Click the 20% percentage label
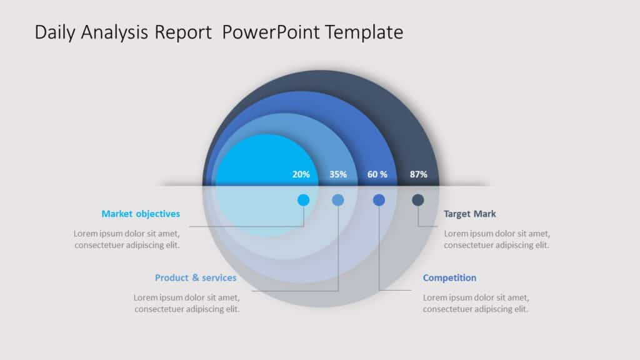[x=301, y=174]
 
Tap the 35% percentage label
[x=338, y=174]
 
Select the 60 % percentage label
[x=377, y=174]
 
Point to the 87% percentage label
[x=419, y=174]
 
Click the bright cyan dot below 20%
[x=303, y=200]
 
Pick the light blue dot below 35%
[x=338, y=200]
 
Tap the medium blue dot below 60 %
[x=379, y=200]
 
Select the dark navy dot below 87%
[x=418, y=200]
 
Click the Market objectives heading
[x=141, y=214]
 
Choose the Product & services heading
[x=196, y=277]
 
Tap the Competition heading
[x=449, y=277]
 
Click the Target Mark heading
[x=470, y=214]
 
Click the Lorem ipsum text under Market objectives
[x=127, y=239]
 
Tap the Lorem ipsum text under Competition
[x=476, y=303]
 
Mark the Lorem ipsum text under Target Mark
[x=497, y=239]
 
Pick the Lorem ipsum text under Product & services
[x=187, y=303]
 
